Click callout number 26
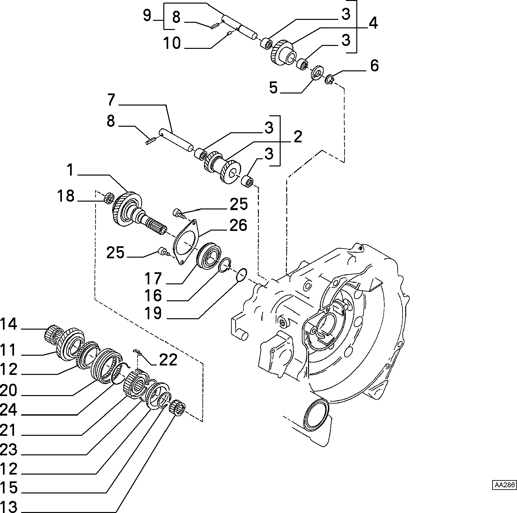coord(238,225)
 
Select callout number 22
coord(168,360)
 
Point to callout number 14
coord(9,324)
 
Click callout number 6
coord(375,65)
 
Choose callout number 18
coord(66,196)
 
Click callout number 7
coord(111,100)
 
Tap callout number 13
coord(9,507)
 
